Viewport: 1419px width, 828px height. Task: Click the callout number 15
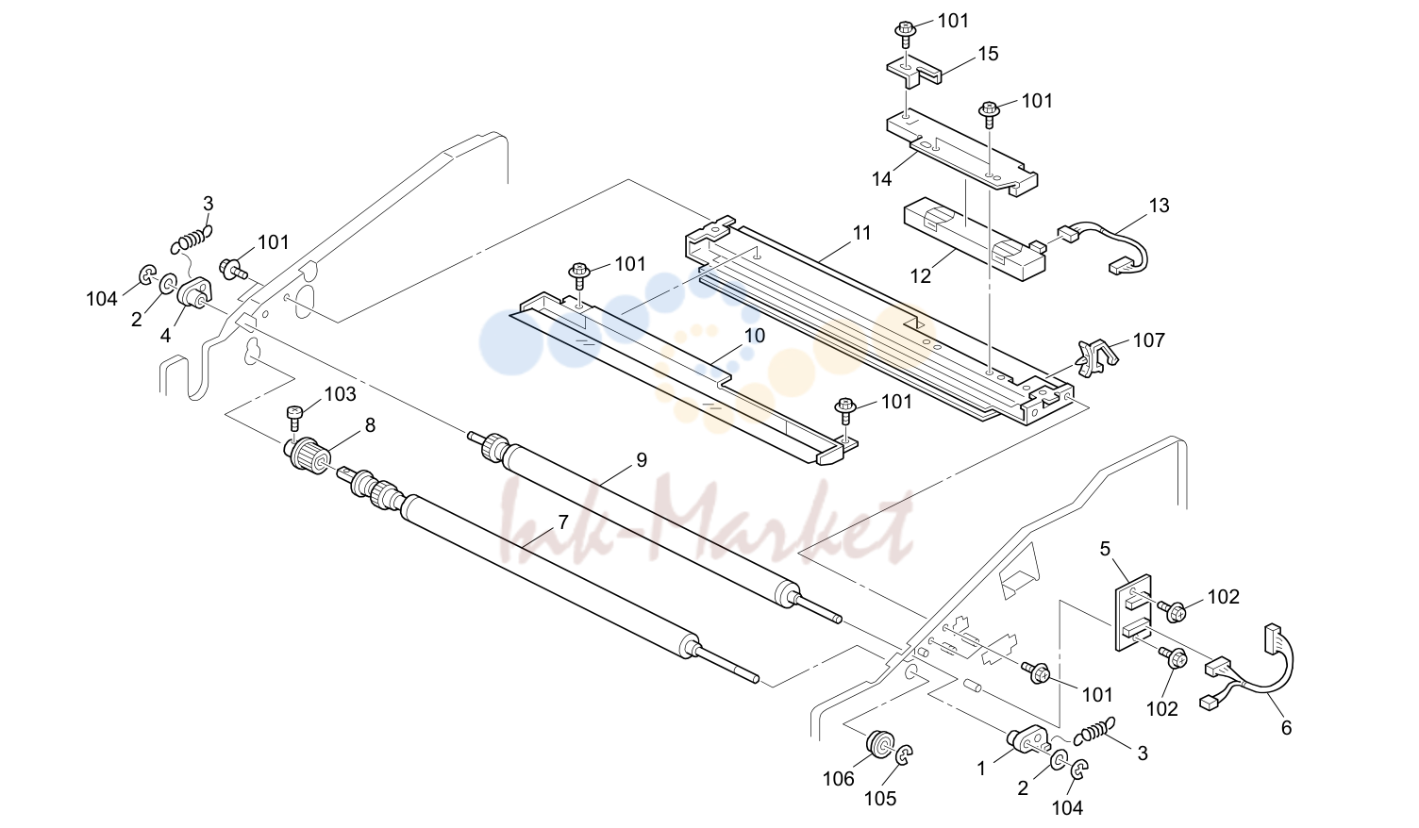[988, 54]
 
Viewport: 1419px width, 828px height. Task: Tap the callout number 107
[1148, 340]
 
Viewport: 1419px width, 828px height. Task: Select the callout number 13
[1159, 205]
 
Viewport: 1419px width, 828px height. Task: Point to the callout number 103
[341, 394]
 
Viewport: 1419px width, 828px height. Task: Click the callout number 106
[838, 779]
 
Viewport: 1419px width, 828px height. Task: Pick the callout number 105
[880, 799]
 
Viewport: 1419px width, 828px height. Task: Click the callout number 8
[370, 425]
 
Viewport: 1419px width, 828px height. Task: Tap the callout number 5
[1105, 549]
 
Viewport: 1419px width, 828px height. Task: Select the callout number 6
[1286, 728]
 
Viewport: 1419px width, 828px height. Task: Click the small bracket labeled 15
[912, 71]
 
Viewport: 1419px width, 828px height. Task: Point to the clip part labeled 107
[1095, 358]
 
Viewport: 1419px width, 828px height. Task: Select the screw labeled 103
[294, 419]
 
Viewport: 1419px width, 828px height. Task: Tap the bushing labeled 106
[880, 744]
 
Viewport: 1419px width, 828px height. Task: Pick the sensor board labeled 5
[1133, 613]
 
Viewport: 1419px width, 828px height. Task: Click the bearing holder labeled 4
[194, 293]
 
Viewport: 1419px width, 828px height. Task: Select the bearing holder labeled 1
[1027, 739]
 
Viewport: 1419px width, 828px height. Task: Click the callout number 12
[921, 276]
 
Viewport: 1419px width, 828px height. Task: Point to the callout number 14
[881, 180]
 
